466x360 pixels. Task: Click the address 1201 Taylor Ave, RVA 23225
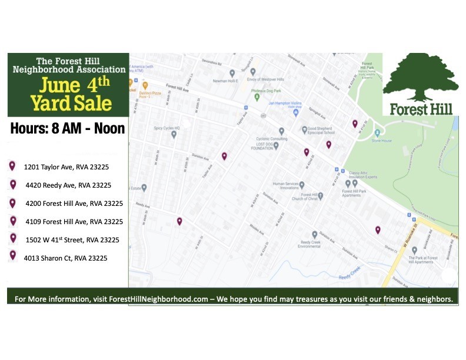pyautogui.click(x=66, y=167)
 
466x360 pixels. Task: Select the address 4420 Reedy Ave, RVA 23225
pyautogui.click(x=68, y=185)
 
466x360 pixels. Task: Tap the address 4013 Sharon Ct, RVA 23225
pyautogui.click(x=66, y=258)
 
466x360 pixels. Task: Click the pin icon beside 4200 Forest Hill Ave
pyautogui.click(x=13, y=203)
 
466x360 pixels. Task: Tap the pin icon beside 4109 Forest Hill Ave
pyautogui.click(x=13, y=221)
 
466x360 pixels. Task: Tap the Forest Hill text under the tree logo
pyautogui.click(x=420, y=109)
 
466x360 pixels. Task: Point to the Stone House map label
pyautogui.click(x=381, y=141)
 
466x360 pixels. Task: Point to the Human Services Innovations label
pyautogui.click(x=285, y=186)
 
